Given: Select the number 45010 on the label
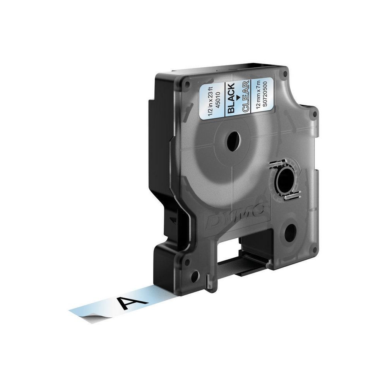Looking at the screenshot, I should click(x=219, y=96).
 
